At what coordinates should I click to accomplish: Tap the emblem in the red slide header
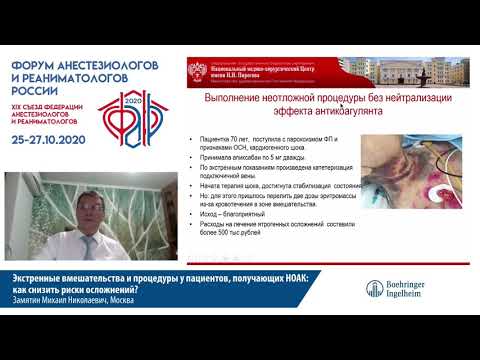196,70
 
